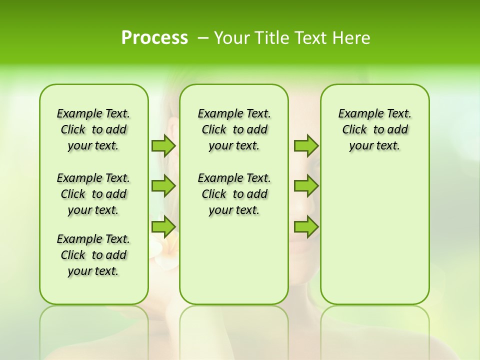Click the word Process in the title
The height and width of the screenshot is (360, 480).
[x=154, y=38]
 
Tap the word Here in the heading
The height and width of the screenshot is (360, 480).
[x=350, y=38]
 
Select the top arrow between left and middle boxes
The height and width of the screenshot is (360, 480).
[x=163, y=145]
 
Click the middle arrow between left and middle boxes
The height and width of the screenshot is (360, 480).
[x=163, y=186]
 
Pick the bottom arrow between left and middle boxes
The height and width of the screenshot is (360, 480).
[x=163, y=226]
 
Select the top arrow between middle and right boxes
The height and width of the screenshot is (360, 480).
[x=306, y=145]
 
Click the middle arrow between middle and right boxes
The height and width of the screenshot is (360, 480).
[x=306, y=186]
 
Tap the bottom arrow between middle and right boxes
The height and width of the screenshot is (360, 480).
[x=306, y=226]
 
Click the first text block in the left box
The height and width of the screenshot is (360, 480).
[x=93, y=129]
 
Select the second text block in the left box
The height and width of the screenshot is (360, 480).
[x=93, y=194]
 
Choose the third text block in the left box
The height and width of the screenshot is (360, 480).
[x=93, y=255]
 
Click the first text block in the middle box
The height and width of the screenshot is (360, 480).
[x=234, y=129]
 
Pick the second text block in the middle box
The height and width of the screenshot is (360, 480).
[x=234, y=194]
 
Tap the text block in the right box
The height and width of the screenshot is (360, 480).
[x=374, y=129]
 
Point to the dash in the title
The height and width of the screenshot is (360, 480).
[x=203, y=38]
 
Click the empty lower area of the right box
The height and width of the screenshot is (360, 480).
[x=374, y=240]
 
